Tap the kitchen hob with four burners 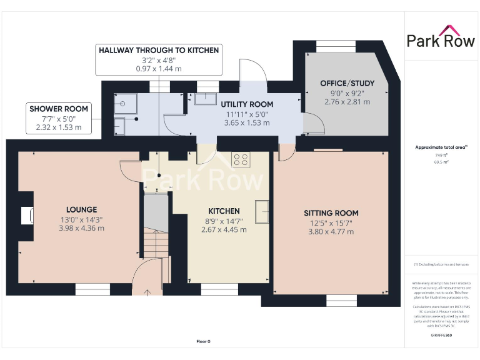tap(241, 160)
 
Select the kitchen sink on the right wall tap(263, 211)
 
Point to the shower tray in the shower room tap(124, 104)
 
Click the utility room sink tap(203, 98)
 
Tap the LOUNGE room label tap(81, 209)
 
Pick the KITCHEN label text tap(224, 211)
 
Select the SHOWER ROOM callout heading tap(59, 109)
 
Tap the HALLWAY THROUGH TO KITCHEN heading tap(159, 49)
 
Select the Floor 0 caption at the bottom tap(203, 341)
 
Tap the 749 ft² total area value tap(441, 155)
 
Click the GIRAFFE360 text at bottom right tap(441, 336)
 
